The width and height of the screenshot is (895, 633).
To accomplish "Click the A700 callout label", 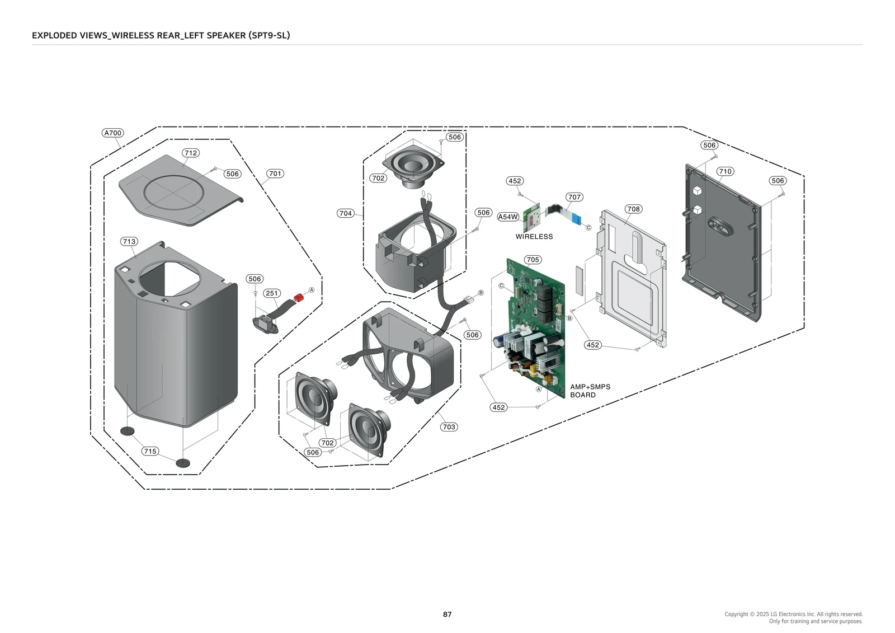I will tap(113, 133).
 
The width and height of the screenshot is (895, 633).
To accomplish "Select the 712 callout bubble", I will tap(191, 153).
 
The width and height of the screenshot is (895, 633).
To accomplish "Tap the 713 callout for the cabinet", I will tap(129, 241).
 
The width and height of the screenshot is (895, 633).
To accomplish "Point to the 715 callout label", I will tap(150, 451).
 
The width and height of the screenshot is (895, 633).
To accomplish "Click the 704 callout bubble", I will tap(346, 213).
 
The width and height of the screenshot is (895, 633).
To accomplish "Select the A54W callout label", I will tap(508, 217).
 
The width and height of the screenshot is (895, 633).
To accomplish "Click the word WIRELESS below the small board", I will tap(534, 237).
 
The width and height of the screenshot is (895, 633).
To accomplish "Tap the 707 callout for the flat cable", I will tap(574, 197).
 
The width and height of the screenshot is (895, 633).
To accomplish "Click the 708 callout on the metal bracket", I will tap(633, 209).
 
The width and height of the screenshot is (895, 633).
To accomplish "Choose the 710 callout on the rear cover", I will tap(725, 171).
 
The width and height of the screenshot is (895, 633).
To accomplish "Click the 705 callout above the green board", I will tap(533, 260).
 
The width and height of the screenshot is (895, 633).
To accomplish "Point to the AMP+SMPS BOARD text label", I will tap(590, 391).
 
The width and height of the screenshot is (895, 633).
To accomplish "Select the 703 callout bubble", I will tap(449, 426).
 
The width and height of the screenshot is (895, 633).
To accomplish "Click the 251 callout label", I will tap(272, 293).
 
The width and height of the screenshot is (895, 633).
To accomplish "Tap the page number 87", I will tap(447, 614).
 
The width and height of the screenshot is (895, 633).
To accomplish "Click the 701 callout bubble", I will tap(275, 174).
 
